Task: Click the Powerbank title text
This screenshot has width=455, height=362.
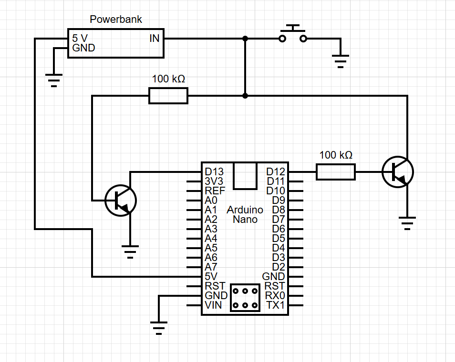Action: [116, 20]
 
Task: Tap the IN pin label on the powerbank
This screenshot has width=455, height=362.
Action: [154, 38]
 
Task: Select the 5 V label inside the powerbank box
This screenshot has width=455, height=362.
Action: [80, 38]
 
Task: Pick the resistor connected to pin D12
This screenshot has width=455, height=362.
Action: [335, 171]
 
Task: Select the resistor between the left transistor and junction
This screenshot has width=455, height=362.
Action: [168, 96]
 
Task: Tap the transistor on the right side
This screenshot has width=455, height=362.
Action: [398, 171]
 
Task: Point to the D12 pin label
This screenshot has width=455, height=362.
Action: [275, 171]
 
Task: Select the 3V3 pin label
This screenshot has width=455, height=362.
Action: [213, 181]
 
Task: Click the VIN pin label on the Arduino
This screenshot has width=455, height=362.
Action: [213, 305]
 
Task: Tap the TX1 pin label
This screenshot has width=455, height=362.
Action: [275, 305]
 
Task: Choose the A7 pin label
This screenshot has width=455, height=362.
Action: [210, 267]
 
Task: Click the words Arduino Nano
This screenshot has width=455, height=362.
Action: [245, 214]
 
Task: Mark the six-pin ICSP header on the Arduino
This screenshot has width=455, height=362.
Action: [245, 298]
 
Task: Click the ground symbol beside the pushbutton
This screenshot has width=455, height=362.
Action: [340, 60]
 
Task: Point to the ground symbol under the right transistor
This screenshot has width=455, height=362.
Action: [407, 222]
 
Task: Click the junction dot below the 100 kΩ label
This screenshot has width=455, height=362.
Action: [245, 96]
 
